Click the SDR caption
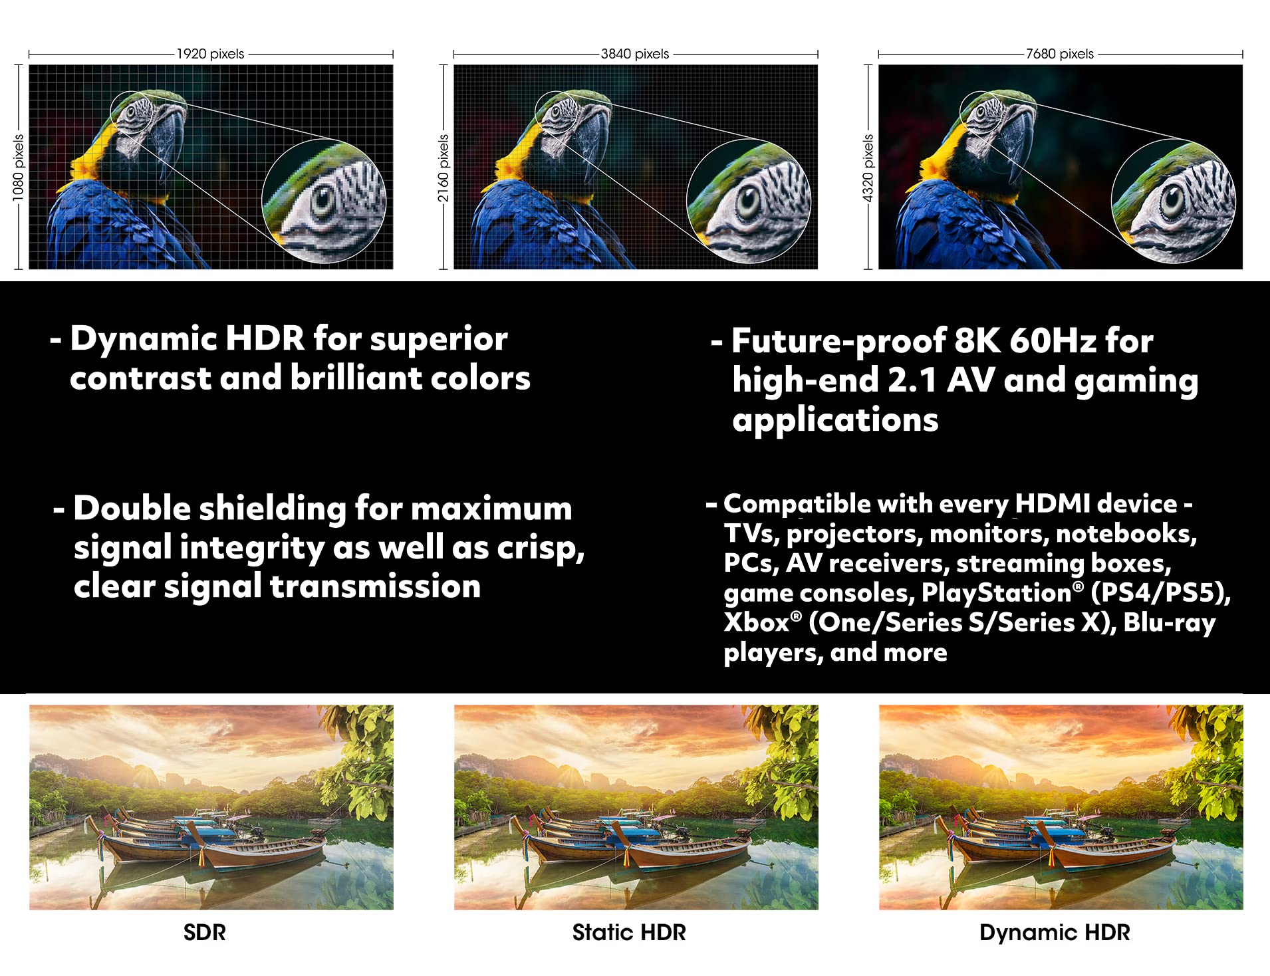click(204, 932)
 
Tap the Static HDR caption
click(629, 932)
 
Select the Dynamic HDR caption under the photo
click(1055, 933)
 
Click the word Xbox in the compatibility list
click(757, 622)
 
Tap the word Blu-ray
click(1170, 624)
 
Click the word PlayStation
click(996, 592)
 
